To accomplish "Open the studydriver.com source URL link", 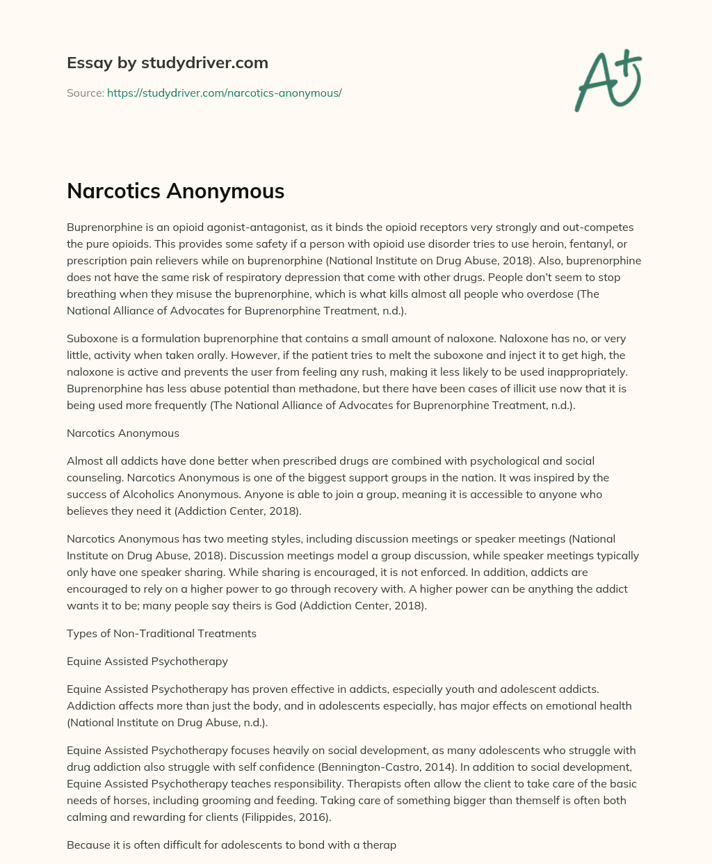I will [x=224, y=93].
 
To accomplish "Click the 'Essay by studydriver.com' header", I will [x=167, y=63].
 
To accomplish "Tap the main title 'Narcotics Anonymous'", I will [x=175, y=191].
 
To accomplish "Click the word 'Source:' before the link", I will [x=85, y=93].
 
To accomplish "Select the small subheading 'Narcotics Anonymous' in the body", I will [x=123, y=433].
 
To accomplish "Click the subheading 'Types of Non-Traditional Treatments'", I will [x=161, y=634].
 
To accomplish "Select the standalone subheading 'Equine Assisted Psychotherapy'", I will [x=147, y=662].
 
